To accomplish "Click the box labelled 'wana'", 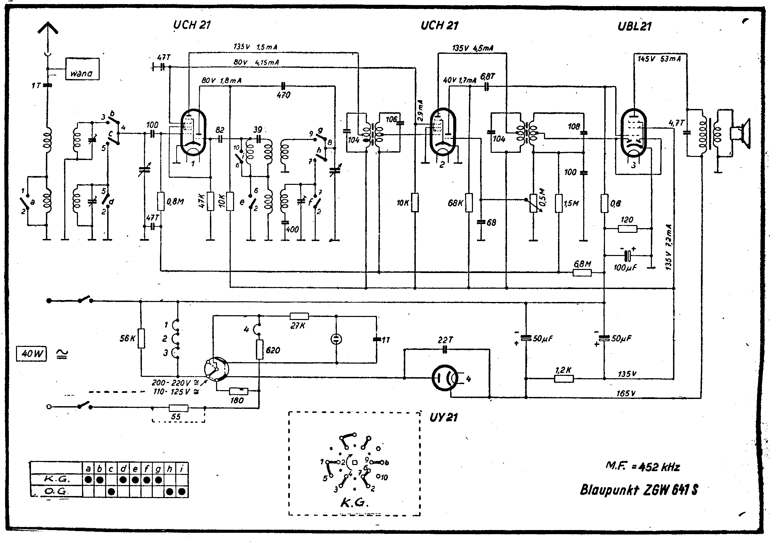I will click(82, 69).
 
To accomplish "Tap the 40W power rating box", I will click(31, 354).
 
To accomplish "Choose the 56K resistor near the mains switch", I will click(141, 338).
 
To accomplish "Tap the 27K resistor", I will click(299, 316).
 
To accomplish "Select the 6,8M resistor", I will click(582, 272).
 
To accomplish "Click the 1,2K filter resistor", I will click(564, 378).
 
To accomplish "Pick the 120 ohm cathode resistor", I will click(627, 228).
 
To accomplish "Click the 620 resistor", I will click(260, 349).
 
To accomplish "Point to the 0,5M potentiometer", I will click(533, 203).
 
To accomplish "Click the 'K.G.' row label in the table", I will click(57, 479).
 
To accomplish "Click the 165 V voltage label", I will click(626, 394).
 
